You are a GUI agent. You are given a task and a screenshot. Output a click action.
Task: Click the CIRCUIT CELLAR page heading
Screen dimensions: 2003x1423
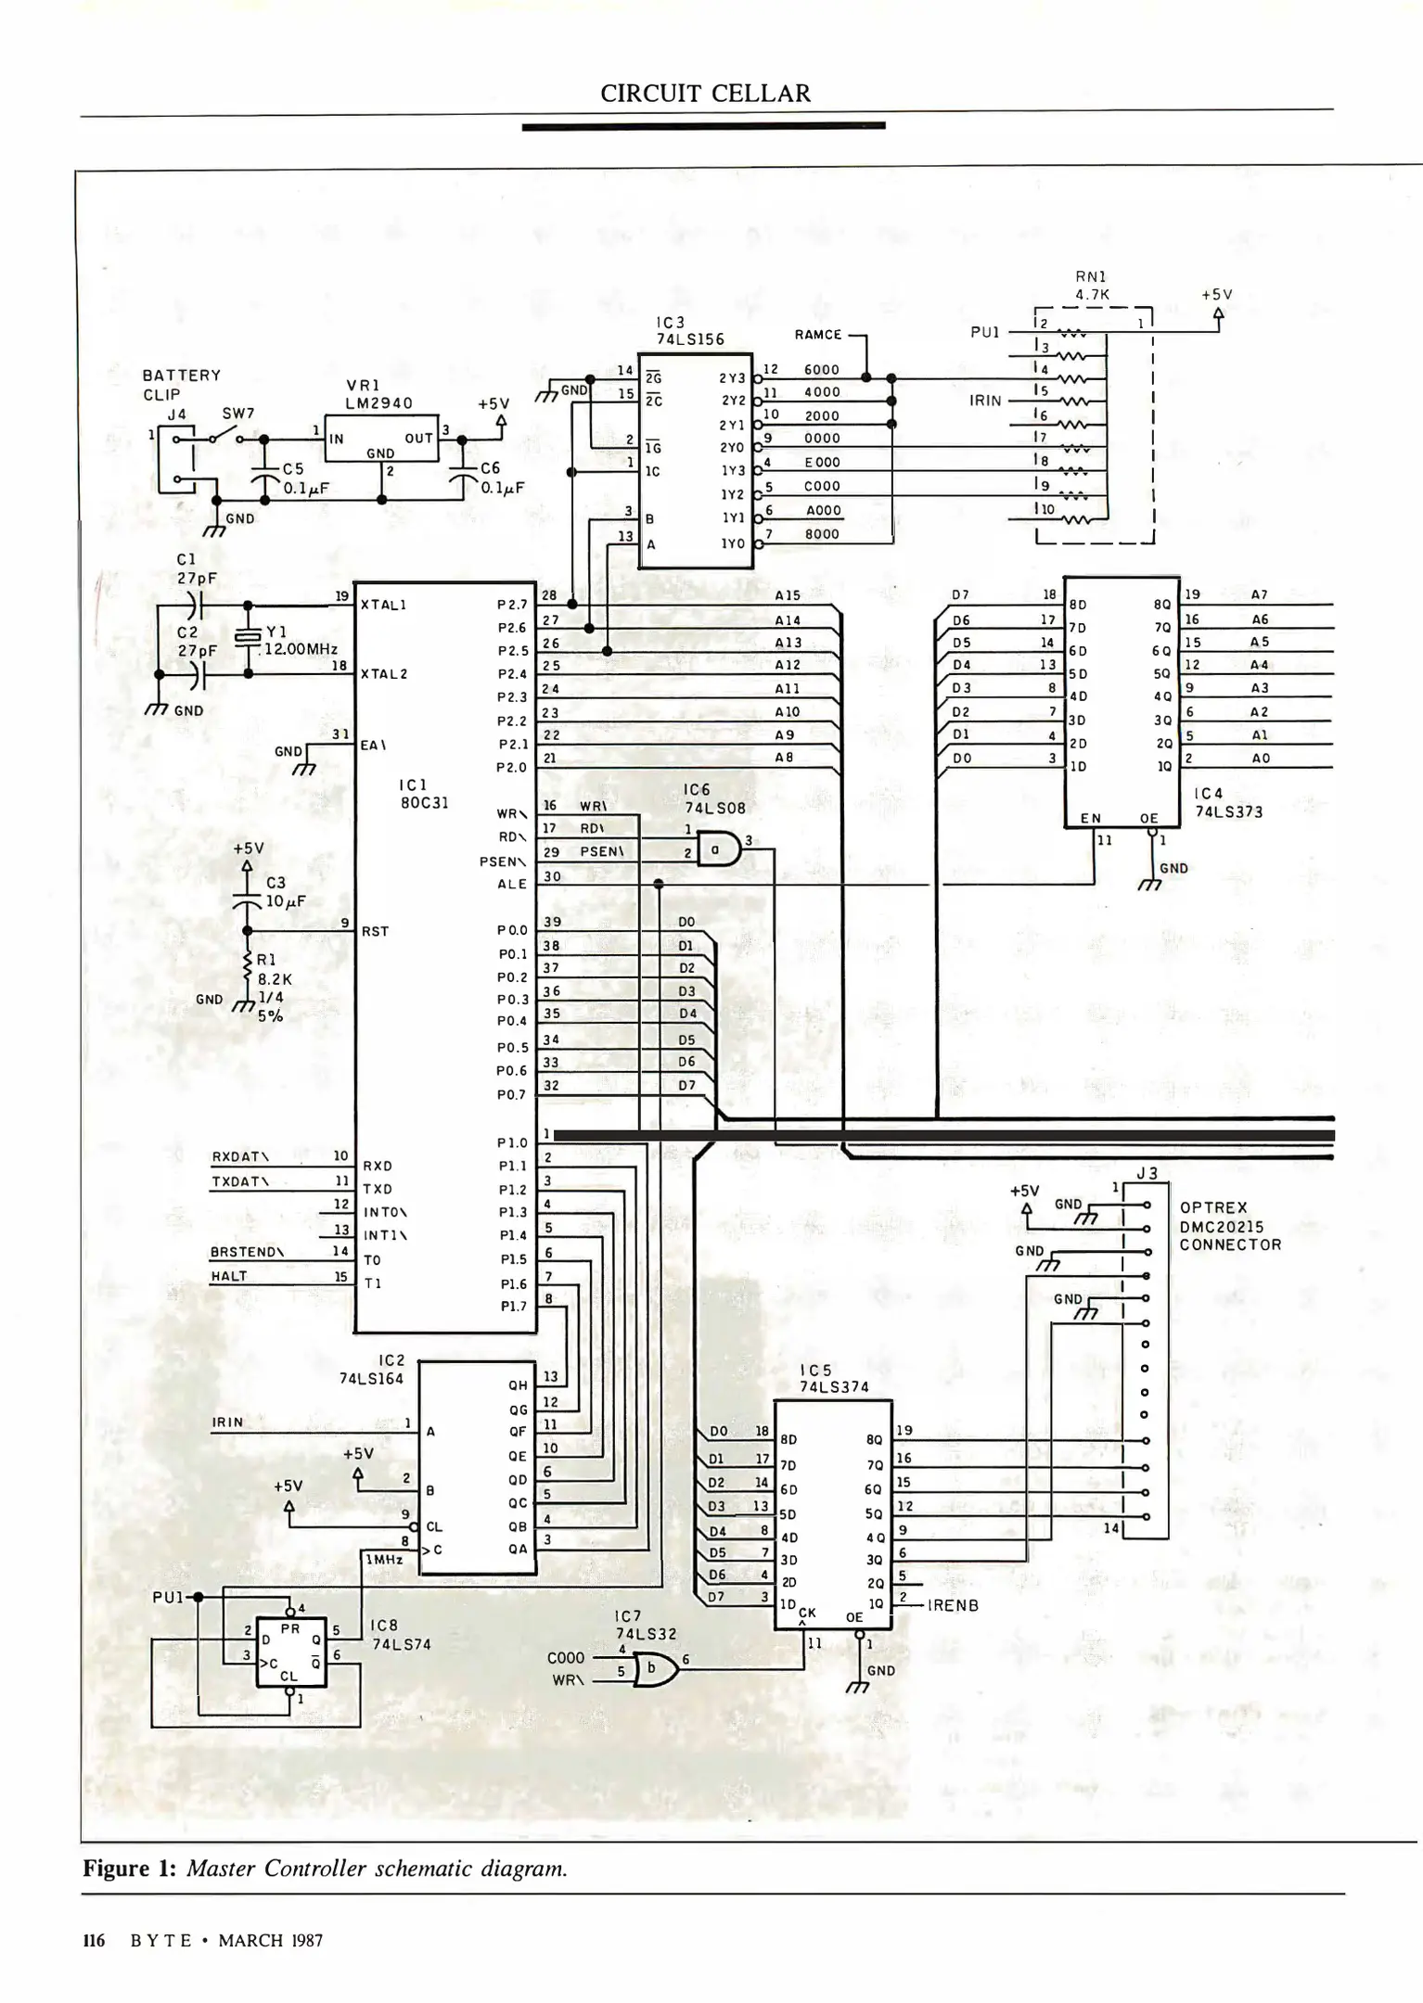705,94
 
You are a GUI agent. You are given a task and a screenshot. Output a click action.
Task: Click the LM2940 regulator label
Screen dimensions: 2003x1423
378,403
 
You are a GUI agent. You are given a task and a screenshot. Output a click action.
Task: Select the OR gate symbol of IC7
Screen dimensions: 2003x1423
657,1670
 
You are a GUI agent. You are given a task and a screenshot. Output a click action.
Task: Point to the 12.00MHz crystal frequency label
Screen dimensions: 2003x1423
301,649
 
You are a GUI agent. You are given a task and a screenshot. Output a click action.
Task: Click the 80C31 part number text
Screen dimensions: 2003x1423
424,802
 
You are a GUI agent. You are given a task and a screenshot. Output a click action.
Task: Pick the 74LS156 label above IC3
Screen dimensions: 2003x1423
690,339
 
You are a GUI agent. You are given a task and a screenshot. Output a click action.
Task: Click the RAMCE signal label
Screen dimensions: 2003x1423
818,335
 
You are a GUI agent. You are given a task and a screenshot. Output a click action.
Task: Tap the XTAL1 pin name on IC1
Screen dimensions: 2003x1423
383,605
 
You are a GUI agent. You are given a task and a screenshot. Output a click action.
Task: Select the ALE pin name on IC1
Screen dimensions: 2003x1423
512,884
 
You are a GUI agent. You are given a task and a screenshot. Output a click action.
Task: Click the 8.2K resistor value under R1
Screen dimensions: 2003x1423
274,978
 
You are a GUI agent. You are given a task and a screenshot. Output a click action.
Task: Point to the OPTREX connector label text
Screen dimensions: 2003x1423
1213,1207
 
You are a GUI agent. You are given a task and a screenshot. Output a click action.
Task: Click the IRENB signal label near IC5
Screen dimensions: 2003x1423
953,1605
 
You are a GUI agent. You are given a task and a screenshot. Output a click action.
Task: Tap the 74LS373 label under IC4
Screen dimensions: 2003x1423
1228,811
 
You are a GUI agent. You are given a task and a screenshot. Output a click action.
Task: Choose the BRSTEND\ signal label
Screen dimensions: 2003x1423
247,1252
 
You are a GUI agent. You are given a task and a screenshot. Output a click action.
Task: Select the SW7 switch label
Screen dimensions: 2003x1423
238,414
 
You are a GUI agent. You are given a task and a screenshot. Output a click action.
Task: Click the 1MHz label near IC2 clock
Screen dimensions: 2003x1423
384,1560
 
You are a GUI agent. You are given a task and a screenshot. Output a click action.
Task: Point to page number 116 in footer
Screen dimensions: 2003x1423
94,1941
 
